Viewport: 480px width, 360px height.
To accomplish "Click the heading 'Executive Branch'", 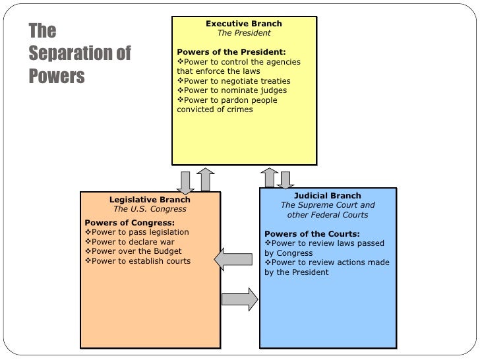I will [243, 23].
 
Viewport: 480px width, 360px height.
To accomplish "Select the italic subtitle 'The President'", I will [243, 33].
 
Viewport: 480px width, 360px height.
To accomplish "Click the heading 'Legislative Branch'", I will [150, 200].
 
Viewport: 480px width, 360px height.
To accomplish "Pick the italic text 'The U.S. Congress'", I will [150, 210].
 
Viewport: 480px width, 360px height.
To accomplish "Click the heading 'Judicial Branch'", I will [327, 196].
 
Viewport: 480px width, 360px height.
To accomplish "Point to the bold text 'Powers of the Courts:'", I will [312, 234].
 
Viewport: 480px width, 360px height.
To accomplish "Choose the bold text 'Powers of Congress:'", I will [130, 222].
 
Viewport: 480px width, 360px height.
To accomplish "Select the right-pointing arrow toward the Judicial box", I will [239, 298].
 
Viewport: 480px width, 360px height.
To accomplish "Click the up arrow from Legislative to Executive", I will [205, 179].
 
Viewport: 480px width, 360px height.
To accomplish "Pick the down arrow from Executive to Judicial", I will [285, 179].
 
